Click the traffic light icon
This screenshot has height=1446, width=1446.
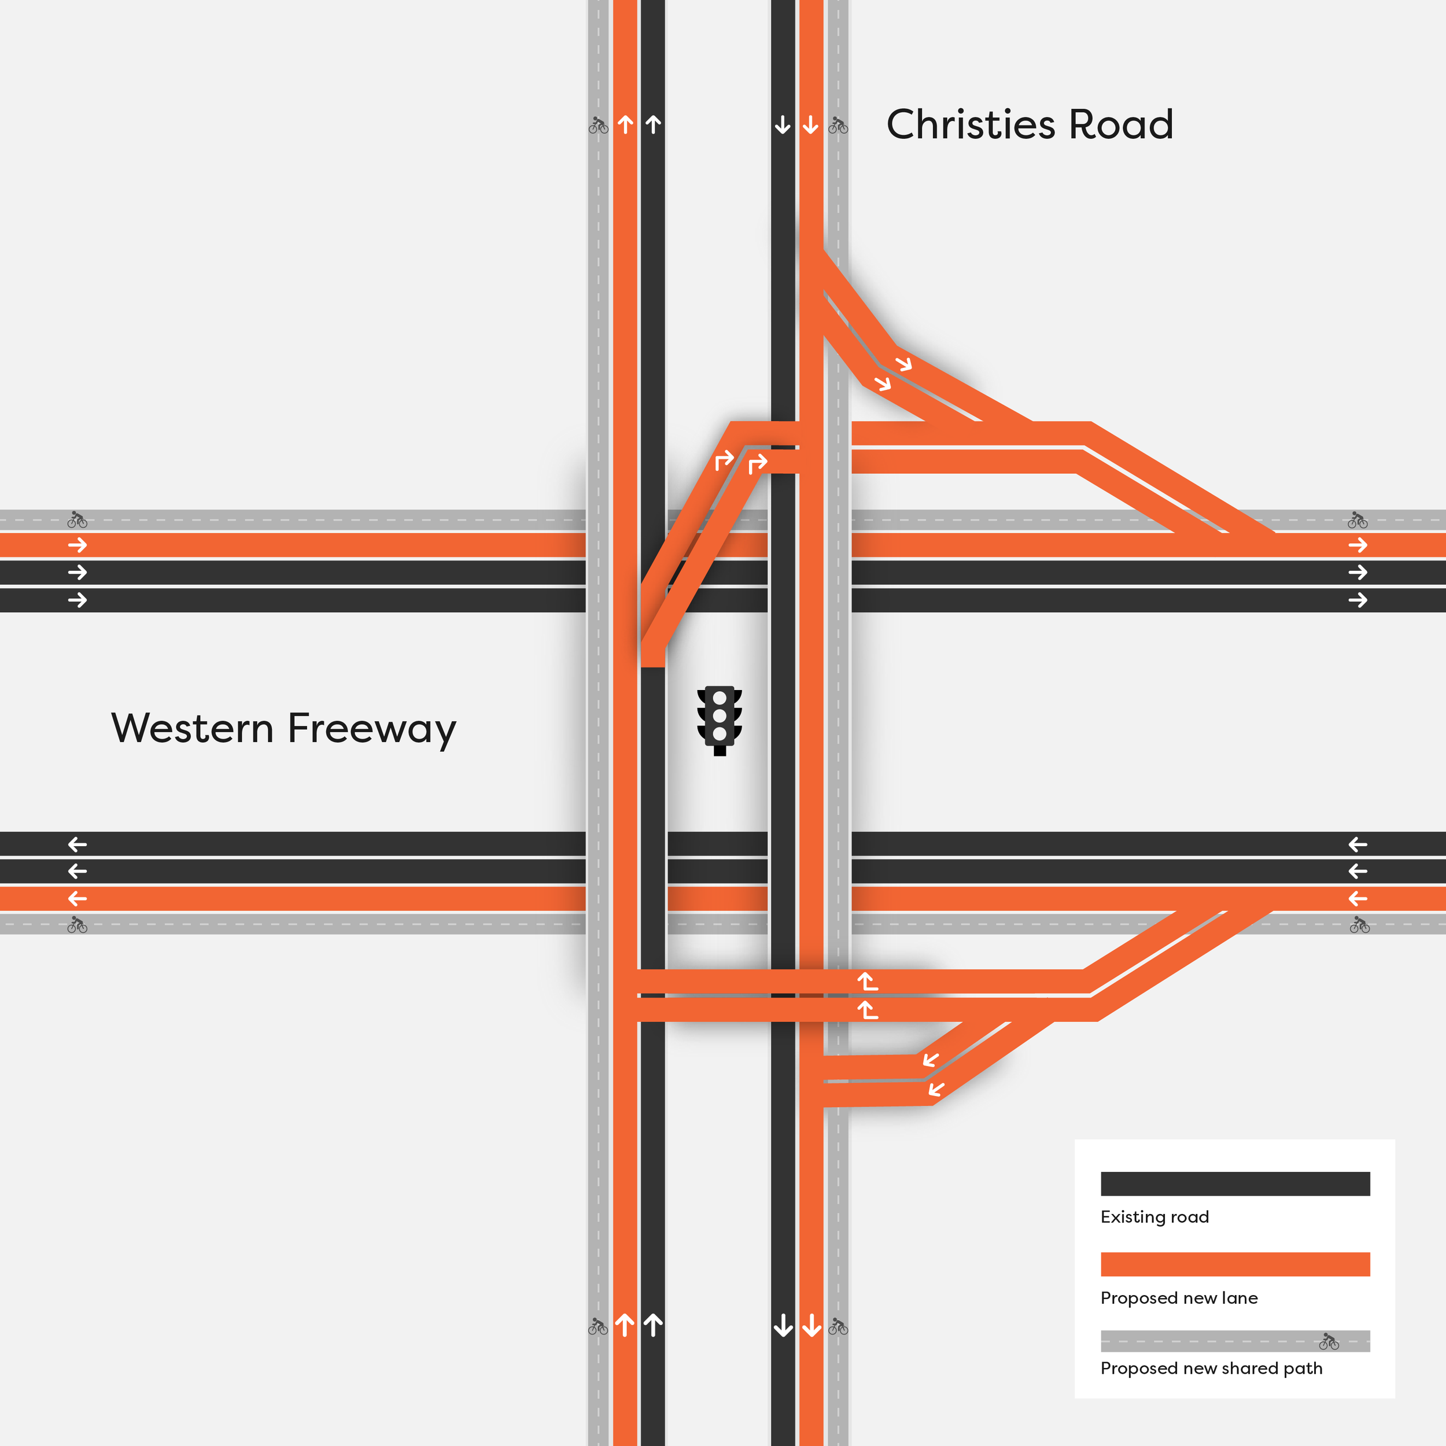(720, 720)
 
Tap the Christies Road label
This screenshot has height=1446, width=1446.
(1029, 124)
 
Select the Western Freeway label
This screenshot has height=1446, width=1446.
(283, 728)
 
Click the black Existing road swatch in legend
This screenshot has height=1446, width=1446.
(1235, 1183)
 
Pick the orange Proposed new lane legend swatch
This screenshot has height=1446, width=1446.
(1235, 1264)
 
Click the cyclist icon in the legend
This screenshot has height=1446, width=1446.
(1329, 1341)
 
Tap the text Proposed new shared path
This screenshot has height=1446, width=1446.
(1211, 1368)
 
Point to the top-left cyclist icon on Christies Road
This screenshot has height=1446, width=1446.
(598, 125)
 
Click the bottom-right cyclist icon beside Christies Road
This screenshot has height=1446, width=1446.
(838, 1327)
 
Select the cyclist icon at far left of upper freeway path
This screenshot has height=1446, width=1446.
(77, 519)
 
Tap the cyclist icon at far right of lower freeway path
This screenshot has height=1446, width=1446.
(1359, 926)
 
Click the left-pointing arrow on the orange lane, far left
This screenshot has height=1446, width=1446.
(77, 899)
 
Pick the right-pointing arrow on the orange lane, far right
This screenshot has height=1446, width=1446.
(1358, 545)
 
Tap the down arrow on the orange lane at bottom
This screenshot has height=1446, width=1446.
(811, 1326)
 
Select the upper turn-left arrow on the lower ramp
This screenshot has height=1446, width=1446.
(868, 980)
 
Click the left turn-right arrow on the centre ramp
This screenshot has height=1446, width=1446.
(724, 460)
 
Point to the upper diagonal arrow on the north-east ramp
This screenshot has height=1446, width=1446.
(904, 364)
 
